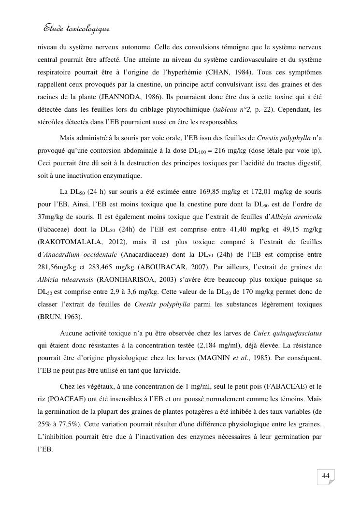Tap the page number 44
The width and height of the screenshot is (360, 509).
coord(326,477)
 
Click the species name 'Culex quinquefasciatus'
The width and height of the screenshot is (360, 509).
coord(288,333)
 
